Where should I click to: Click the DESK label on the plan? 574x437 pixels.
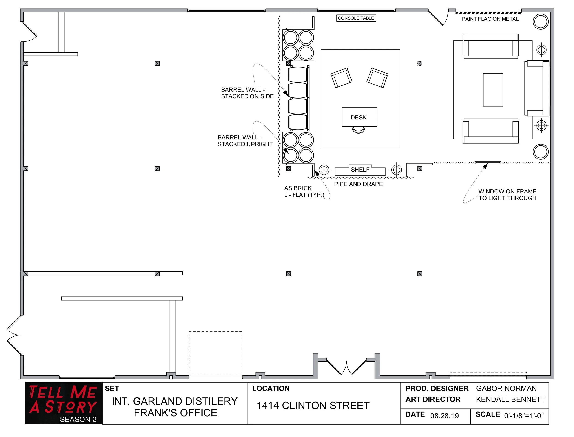(358, 117)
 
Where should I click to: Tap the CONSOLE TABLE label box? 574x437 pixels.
(356, 18)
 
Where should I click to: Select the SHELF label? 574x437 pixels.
(360, 170)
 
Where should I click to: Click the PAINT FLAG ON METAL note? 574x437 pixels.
(490, 19)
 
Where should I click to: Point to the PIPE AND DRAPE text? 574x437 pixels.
(358, 184)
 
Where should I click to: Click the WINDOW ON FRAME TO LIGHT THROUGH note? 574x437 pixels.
(507, 195)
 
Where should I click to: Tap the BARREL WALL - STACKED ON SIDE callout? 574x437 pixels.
(247, 93)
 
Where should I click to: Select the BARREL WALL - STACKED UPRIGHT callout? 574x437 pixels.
(245, 141)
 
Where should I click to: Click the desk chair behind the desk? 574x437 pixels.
(358, 130)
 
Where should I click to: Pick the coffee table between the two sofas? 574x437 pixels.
(493, 90)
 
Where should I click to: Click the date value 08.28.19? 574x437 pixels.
(444, 416)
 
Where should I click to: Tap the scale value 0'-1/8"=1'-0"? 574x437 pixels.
(523, 416)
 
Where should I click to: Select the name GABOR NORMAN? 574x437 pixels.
(506, 388)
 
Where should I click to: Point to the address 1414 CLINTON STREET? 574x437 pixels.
(313, 406)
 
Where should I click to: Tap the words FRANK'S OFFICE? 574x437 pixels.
(175, 413)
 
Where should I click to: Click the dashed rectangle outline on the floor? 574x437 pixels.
(216, 353)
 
